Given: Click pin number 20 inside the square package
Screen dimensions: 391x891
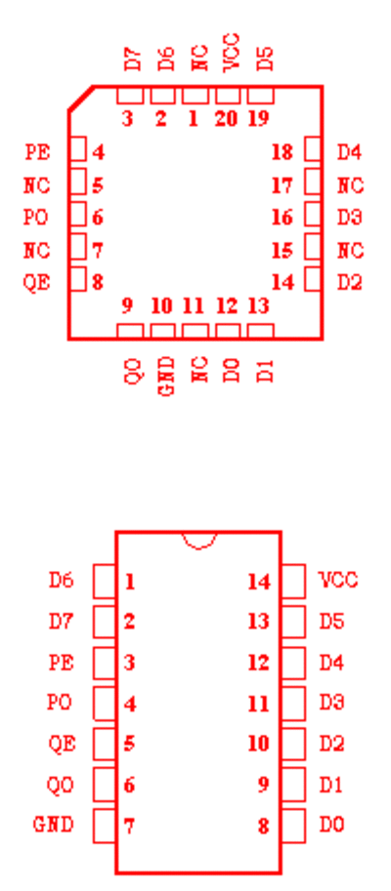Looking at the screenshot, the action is pos(227,119).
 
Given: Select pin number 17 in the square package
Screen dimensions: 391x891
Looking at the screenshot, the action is pos(282,185).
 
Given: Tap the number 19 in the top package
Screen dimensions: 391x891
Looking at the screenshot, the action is pos(259,119).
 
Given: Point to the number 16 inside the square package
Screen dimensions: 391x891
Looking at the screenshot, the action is pos(282,218).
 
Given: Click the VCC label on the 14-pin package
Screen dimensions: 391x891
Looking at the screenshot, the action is pos(338,580).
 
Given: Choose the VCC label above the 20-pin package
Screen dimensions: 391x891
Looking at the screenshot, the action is pos(232,53).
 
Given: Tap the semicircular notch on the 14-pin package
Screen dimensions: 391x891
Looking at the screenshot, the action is pos(198,541).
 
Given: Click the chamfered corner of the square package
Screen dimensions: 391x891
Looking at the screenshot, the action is pos(81,99).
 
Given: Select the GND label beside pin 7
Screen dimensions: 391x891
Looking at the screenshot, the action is pos(54,825).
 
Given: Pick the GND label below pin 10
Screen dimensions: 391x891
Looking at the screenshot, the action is pos(165,376).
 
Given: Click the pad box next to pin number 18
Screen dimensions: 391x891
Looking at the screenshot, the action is pos(313,149).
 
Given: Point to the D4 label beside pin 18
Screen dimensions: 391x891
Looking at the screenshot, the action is pos(349,152).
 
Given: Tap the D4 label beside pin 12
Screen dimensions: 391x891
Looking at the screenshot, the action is pos(331,662).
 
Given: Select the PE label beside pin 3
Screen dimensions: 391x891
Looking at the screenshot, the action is pos(62,662).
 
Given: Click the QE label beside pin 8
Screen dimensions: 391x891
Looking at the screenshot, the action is pos(37,282).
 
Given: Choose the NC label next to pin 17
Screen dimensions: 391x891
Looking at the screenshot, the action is pos(351,185).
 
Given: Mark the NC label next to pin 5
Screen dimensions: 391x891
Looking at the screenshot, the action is pos(37,185).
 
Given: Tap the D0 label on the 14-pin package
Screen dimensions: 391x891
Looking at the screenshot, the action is pos(331,825).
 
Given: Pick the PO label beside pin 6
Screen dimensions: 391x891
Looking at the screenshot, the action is pos(36,218).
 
